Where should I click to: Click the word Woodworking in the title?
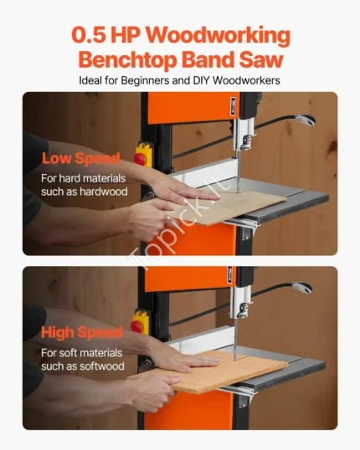pyautogui.click(x=218, y=36)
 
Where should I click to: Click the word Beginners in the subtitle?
pyautogui.click(x=145, y=80)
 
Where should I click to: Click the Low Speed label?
pyautogui.click(x=80, y=158)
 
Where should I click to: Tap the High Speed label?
pyautogui.click(x=82, y=332)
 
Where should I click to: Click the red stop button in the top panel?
pyautogui.click(x=141, y=159)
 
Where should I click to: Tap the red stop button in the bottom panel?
pyautogui.click(x=137, y=326)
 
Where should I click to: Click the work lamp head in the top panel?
pyautogui.click(x=306, y=120)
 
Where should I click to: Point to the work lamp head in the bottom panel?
pyautogui.click(x=302, y=288)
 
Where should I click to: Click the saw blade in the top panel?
pyautogui.click(x=238, y=171)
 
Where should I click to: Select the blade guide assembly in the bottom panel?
pyautogui.click(x=242, y=304)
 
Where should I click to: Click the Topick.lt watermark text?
pyautogui.click(x=178, y=222)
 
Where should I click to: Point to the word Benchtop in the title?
pyautogui.click(x=127, y=60)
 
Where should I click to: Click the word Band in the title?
pyautogui.click(x=208, y=59)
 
